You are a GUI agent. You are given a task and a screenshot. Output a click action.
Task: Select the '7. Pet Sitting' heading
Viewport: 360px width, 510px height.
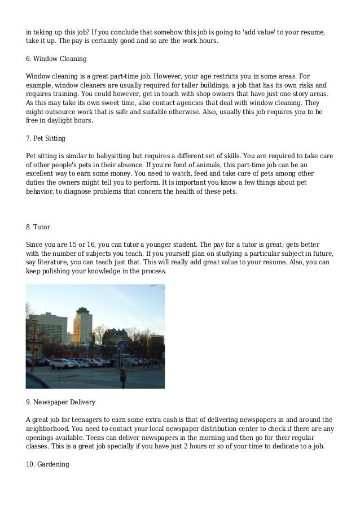46,138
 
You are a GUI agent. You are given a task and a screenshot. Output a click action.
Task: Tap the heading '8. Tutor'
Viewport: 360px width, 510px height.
38,227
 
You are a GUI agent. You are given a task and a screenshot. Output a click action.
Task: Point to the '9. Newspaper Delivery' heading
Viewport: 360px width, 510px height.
61,402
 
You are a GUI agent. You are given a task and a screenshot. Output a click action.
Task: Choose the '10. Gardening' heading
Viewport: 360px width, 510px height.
47,464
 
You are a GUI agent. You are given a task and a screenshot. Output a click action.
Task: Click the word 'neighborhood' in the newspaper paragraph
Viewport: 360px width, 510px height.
48,428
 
